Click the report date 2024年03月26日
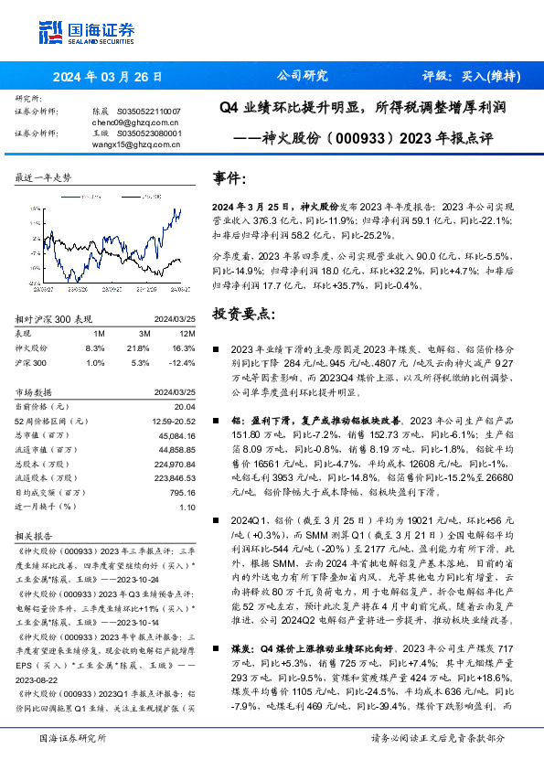tap(107, 76)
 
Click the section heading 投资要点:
tap(242, 314)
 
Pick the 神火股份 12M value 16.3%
tap(183, 348)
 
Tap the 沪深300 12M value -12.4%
tap(181, 363)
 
